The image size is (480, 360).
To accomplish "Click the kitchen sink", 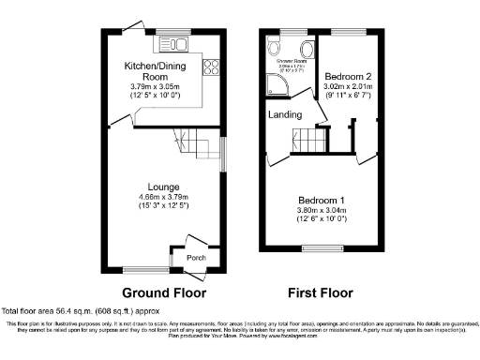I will click(x=175, y=42).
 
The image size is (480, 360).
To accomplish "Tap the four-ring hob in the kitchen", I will click(x=210, y=67).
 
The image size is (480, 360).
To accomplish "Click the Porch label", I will click(x=196, y=258).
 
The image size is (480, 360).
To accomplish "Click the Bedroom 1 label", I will click(x=322, y=201).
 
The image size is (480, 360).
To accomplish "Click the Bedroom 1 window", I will click(x=322, y=249).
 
